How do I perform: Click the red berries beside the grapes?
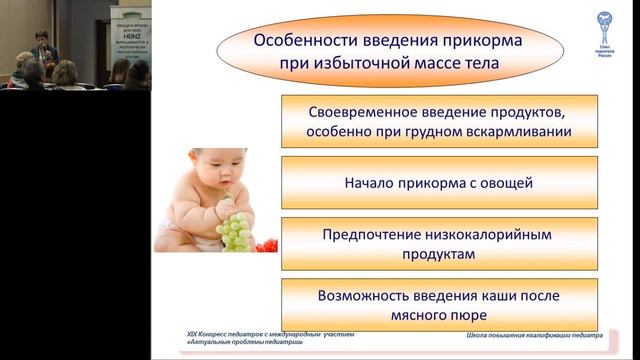tap(265, 245)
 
